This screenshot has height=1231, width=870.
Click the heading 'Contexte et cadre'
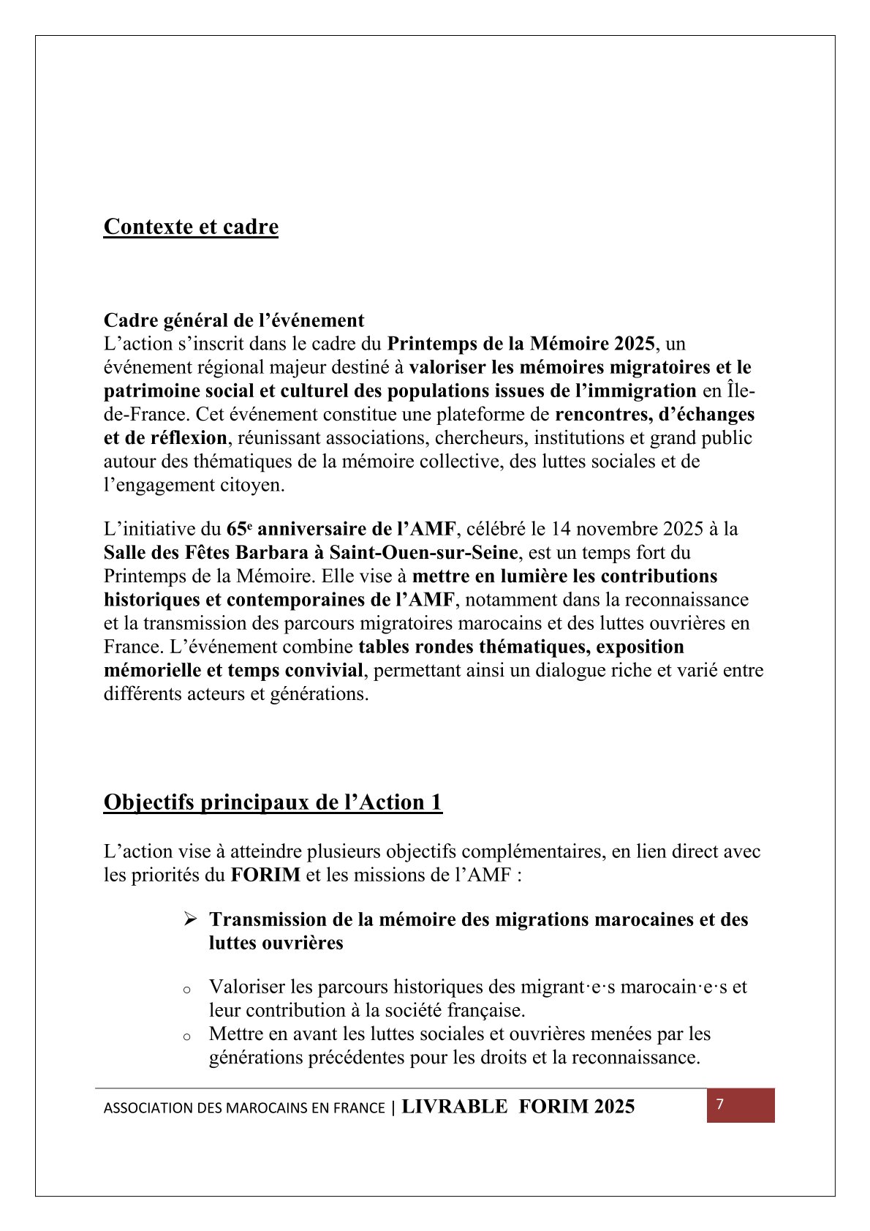click(191, 227)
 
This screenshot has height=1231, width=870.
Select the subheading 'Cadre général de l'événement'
click(234, 320)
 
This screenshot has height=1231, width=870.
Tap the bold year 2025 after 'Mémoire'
click(634, 344)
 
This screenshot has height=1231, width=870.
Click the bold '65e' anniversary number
click(239, 529)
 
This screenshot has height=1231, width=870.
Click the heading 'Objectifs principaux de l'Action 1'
click(273, 802)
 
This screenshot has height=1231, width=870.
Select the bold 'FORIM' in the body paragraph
click(265, 875)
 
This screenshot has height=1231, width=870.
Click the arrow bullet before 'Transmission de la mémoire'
click(190, 919)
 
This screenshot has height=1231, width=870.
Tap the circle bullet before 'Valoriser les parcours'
click(187, 990)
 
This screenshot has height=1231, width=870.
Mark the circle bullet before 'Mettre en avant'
click(187, 1036)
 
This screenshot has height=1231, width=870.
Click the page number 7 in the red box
click(720, 1104)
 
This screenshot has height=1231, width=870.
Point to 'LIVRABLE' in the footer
click(454, 1107)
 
